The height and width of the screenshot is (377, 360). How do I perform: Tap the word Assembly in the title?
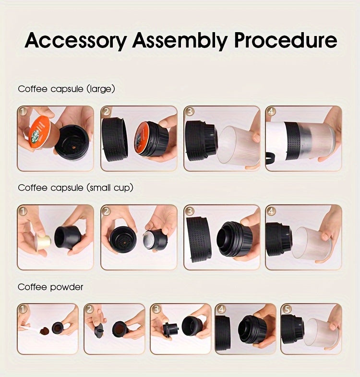[x=180, y=41]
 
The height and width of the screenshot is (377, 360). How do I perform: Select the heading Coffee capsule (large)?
[x=66, y=89]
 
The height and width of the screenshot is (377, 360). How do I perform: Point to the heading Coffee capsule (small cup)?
[x=75, y=188]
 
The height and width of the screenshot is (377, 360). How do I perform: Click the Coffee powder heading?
[x=50, y=287]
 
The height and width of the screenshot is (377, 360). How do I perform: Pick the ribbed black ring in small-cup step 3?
[x=198, y=238]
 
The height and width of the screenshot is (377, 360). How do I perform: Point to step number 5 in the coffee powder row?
[x=287, y=309]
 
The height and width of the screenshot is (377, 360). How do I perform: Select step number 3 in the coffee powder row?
[x=156, y=309]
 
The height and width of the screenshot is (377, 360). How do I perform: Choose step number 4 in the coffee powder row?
[x=221, y=309]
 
